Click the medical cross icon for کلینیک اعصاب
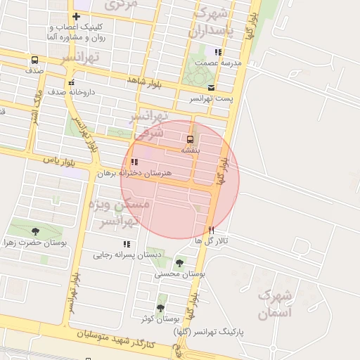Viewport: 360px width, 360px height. point(76,17)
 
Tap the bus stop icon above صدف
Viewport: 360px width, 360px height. point(34,60)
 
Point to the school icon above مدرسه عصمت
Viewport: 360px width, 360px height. point(219,52)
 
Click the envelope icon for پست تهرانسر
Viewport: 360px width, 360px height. point(211,87)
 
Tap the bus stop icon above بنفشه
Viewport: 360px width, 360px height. point(190,139)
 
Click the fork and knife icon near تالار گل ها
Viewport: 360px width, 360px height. point(210,230)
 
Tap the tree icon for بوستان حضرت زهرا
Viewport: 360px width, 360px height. point(35,231)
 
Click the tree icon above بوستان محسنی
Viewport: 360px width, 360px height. point(179,263)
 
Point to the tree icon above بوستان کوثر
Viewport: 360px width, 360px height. point(160,308)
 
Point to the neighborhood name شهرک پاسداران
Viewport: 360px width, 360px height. point(219,21)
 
